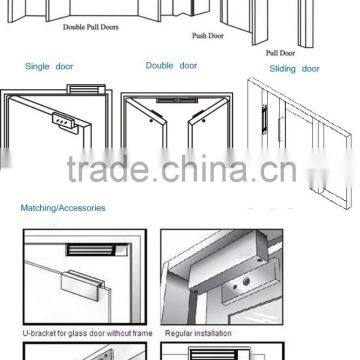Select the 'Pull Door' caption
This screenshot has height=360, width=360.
279,50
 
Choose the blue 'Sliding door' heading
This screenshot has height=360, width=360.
295,69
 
